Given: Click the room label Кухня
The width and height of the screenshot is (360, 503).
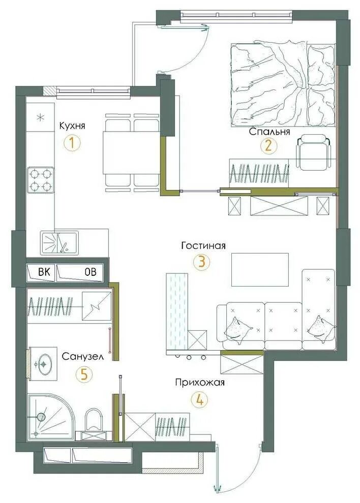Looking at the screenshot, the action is click(x=72, y=126).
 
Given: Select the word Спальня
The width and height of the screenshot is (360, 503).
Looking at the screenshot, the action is click(x=269, y=132).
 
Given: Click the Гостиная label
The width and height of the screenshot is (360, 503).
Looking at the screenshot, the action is click(x=203, y=246).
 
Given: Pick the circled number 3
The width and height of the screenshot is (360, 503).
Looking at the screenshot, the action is click(x=201, y=262).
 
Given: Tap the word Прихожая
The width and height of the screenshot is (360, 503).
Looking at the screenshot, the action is click(x=200, y=383).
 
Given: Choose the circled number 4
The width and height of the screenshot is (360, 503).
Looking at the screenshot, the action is click(x=199, y=400).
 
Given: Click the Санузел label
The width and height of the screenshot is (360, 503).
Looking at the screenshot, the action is click(x=82, y=356).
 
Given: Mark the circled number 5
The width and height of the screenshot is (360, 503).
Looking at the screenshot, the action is click(x=83, y=374).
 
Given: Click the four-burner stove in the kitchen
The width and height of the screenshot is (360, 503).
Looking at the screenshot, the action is click(x=41, y=180).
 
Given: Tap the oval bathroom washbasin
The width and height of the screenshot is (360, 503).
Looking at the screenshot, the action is click(x=44, y=364).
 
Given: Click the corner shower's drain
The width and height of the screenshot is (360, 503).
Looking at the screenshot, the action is click(x=41, y=417).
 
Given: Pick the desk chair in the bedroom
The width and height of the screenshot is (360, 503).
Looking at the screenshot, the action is click(x=313, y=152).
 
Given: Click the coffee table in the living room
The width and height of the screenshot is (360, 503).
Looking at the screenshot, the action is click(x=260, y=269).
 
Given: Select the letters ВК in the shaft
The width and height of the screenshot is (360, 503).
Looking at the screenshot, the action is click(x=44, y=272).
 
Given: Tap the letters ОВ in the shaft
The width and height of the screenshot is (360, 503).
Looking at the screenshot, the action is click(x=90, y=272).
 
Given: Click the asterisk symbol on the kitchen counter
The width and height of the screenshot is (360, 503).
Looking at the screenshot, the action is click(x=40, y=117).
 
